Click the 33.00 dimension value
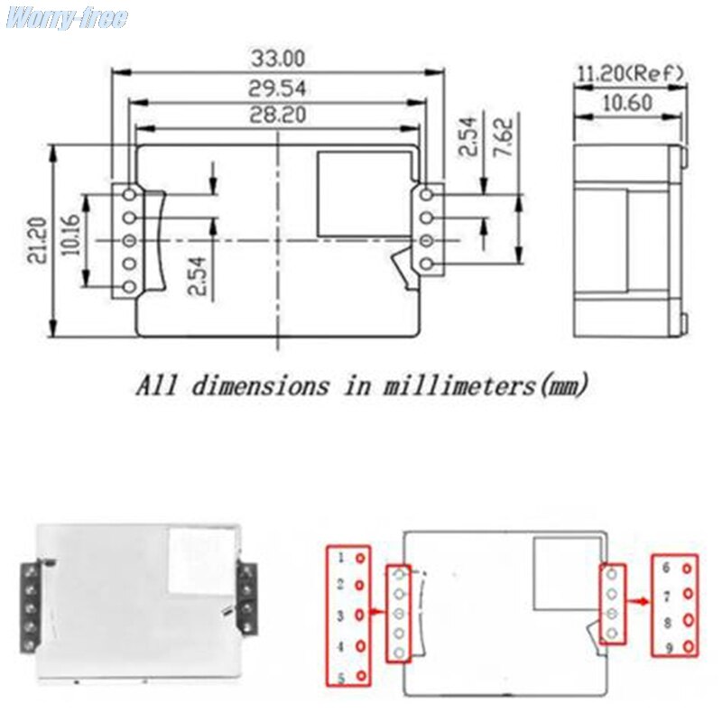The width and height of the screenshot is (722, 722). point(278,59)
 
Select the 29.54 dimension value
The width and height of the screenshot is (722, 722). point(278,88)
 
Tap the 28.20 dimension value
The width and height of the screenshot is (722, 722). point(278,116)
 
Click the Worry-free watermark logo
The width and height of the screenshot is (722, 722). point(66,19)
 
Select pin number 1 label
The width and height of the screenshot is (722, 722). point(340,558)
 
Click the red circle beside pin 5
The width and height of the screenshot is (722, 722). point(360,677)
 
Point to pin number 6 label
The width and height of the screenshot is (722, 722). point(666,568)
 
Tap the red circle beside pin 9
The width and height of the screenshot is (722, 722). point(687,648)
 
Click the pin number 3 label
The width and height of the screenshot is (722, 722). point(340,616)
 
